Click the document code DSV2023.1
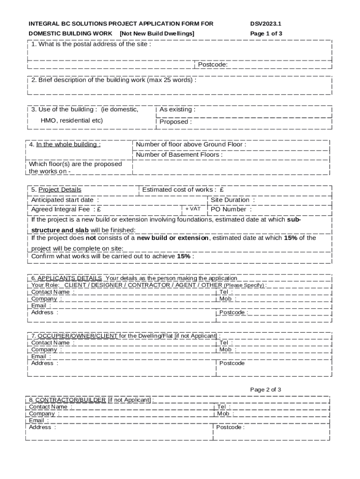pos(266,23)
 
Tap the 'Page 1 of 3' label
pos(266,34)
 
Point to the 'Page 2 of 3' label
pos(266,390)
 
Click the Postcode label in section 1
pos(213,65)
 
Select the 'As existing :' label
pos(177,109)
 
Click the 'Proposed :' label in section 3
pos(175,122)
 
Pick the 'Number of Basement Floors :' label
pos(179,155)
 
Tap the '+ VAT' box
pos(193,209)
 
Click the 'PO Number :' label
pos(231,210)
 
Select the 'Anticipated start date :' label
pos(65,200)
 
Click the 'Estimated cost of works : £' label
pos(183,189)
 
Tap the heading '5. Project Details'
pos(56,189)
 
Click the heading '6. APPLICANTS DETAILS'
pos(66,278)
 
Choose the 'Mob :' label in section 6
pos(228,298)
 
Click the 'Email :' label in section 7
pos(41,356)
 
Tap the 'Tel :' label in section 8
pos(223,407)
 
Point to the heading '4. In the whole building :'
pos(65,145)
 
